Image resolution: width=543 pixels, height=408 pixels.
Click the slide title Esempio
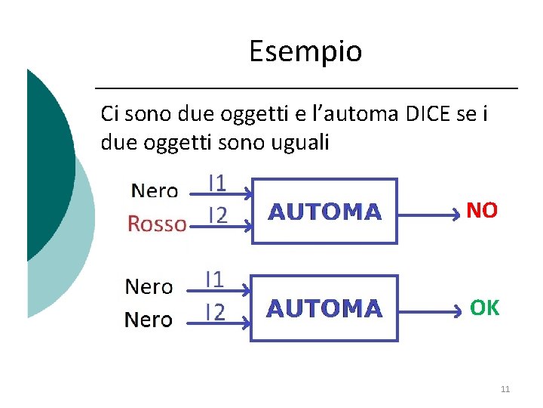pos(305,51)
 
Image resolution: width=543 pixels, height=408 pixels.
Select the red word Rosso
pos(157,224)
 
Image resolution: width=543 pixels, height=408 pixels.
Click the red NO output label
pos(482,211)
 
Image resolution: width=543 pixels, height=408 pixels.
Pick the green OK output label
pos(484,308)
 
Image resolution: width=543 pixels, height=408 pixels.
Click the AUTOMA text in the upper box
pos(325,212)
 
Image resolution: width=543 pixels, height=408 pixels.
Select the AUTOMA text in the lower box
pos(324,309)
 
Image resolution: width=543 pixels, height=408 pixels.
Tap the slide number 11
pos(505,389)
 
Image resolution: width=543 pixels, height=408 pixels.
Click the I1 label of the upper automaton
pos(217,184)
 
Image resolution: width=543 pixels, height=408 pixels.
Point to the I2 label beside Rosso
pos(217,216)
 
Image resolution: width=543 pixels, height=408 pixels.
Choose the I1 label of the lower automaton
pos(216,280)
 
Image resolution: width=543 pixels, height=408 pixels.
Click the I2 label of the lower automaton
pos(216,312)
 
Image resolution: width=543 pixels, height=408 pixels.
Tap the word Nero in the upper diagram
pos(155,191)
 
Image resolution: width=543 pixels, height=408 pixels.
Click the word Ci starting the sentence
pos(109,114)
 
